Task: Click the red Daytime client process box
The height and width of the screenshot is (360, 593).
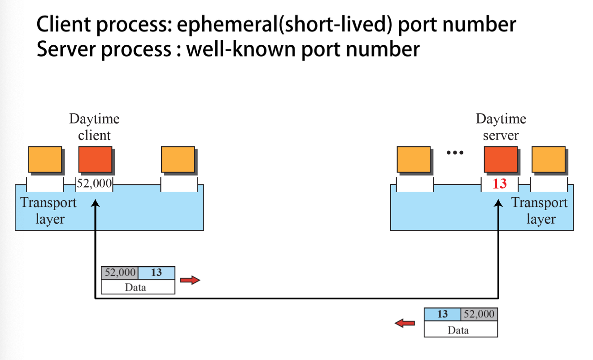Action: coord(95,159)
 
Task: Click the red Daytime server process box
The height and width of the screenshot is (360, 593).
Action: coord(501,159)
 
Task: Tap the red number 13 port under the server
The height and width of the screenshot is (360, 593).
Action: coord(499,184)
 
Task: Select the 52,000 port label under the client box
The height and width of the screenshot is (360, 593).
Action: coord(94,184)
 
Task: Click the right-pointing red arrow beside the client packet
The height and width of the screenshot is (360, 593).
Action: coord(190,281)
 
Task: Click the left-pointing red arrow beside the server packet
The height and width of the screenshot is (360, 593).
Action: coord(405,323)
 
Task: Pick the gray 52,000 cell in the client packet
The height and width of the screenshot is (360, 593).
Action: coord(120,273)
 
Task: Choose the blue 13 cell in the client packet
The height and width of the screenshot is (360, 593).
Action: coord(156,273)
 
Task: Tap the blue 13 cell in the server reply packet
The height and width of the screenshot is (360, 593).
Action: coord(442,314)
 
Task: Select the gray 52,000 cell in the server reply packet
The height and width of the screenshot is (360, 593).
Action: coord(479,314)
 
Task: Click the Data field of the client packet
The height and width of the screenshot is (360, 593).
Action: coord(138,287)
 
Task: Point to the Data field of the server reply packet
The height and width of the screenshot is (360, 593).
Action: coord(461,330)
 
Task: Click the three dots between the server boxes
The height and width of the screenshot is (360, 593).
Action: coord(454,153)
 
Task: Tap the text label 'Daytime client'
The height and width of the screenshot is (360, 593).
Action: coord(95,127)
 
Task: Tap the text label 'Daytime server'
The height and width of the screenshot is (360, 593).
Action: coord(501,127)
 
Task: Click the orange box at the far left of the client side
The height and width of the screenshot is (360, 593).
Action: coord(45,159)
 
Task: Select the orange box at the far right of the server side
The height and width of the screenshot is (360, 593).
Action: coord(549,159)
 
